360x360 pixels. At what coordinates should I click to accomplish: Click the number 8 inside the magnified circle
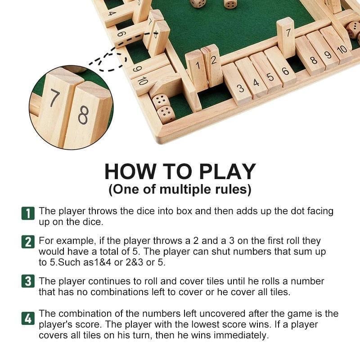click(x=84, y=115)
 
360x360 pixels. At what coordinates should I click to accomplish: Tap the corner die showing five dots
click(x=160, y=101)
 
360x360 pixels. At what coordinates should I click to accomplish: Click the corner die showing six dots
click(x=166, y=114)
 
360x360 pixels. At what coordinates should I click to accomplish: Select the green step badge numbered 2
click(x=27, y=243)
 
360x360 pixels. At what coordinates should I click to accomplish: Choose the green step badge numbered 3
click(x=27, y=282)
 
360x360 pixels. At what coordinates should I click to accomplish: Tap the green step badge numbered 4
click(x=27, y=319)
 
